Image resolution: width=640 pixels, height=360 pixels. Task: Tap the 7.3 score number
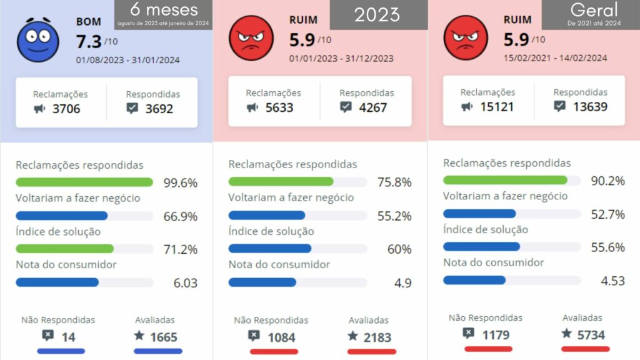(88, 42)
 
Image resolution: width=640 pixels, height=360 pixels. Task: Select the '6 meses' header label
(164, 10)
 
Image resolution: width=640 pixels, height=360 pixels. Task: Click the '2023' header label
(378, 14)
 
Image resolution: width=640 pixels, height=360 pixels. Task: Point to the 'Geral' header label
(594, 9)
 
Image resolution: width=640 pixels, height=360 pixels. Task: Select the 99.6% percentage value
(180, 183)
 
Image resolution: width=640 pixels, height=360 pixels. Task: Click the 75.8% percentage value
(394, 183)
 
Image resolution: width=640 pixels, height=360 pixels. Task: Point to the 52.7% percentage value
(608, 214)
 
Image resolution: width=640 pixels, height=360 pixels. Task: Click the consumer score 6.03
(185, 283)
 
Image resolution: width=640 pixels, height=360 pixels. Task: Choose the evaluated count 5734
(591, 335)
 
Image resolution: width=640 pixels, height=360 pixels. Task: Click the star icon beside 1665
(139, 336)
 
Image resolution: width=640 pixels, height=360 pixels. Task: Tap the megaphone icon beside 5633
(252, 107)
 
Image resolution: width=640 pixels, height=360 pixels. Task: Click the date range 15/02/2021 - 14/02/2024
(555, 58)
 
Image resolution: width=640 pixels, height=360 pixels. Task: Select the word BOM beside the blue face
(89, 22)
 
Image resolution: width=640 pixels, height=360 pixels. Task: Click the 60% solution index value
(399, 249)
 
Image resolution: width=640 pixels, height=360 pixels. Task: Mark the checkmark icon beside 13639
(560, 106)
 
